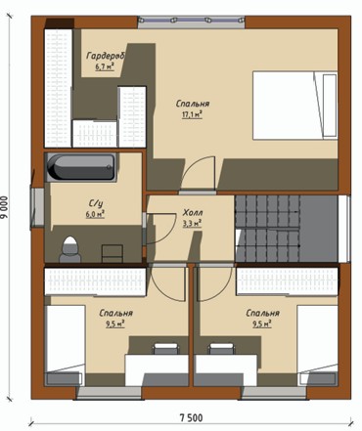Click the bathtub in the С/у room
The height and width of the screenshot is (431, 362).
click(81, 167)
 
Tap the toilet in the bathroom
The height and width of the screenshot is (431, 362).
click(69, 249)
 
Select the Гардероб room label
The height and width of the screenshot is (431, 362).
click(106, 56)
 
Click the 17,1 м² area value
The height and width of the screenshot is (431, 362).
click(192, 114)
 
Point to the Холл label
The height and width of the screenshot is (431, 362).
click(193, 213)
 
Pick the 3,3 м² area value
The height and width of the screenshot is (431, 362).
click(192, 224)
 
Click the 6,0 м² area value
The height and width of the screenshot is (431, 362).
click(95, 214)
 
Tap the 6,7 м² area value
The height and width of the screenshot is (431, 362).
click(105, 67)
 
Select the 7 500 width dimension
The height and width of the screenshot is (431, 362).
click(192, 417)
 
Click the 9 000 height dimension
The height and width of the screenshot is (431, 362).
click(5, 208)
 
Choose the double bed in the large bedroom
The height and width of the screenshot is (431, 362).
click(295, 106)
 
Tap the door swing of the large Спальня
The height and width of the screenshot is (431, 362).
click(198, 173)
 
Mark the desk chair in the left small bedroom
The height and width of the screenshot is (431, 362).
click(166, 348)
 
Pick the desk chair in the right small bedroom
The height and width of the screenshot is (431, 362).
click(222, 348)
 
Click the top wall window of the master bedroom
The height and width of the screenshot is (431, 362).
click(192, 22)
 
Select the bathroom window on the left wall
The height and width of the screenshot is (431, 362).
click(38, 207)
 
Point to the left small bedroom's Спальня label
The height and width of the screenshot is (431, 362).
click(116, 313)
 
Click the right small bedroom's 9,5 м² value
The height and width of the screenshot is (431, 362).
click(262, 323)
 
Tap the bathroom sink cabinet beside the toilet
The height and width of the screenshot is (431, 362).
click(113, 253)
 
